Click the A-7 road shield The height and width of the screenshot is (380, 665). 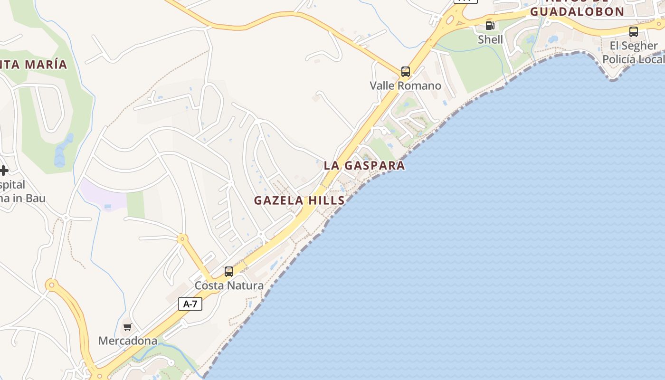coord(190,304)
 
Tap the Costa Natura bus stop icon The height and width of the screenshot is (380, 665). coord(229,272)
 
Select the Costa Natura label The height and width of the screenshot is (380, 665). coord(229,285)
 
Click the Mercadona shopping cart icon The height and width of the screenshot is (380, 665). coord(127,327)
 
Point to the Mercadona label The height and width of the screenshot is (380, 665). coord(127,341)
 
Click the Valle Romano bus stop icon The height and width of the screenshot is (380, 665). coord(405,72)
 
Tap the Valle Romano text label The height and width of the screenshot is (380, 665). coord(405,85)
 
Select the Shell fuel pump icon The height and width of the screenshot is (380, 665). coord(490,26)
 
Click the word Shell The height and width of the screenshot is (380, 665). coord(490,39)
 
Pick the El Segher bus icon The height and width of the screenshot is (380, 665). coord(633,32)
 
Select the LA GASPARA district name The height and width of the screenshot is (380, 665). coord(364,165)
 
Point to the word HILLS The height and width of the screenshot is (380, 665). coord(327,200)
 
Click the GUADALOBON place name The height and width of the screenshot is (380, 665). coord(577,12)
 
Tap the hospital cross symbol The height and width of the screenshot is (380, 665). coord(4,170)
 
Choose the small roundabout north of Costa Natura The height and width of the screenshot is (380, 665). coord(181,239)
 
